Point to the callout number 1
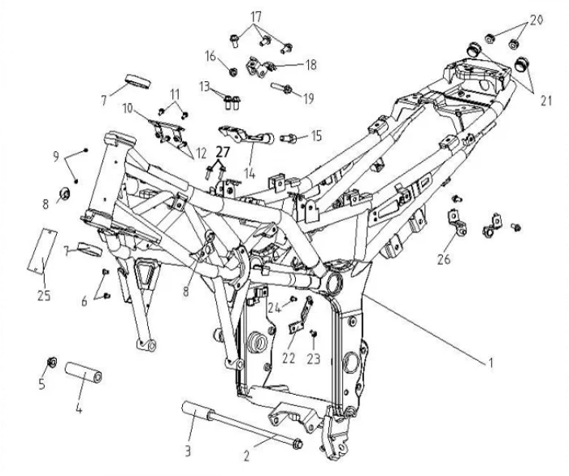pos(491,364)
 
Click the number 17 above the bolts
pos(256,16)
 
